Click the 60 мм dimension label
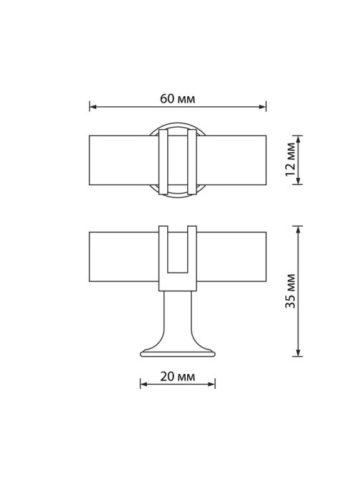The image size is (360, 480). [177, 99]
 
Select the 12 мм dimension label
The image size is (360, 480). [290, 159]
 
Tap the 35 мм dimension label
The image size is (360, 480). [290, 291]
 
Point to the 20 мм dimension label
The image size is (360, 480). [177, 377]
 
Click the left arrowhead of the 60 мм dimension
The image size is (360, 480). [93, 107]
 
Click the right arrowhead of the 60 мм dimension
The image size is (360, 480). [262, 107]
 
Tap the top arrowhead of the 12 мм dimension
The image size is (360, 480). [298, 139]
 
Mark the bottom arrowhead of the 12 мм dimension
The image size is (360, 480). [298, 181]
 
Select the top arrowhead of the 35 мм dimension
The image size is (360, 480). [298, 230]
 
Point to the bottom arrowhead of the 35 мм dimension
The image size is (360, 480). [298, 352]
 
